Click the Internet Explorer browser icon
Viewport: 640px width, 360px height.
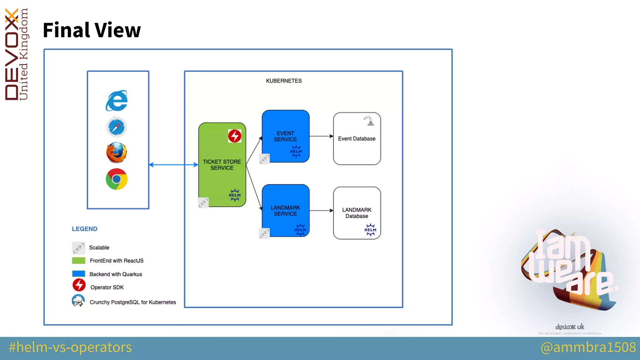[117, 101]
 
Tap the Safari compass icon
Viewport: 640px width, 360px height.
[117, 127]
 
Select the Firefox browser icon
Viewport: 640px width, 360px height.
[117, 152]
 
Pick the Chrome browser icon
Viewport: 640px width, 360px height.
[117, 179]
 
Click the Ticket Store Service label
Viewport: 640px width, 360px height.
[222, 165]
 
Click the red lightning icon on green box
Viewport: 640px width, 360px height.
[235, 136]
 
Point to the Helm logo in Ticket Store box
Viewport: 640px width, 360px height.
[235, 195]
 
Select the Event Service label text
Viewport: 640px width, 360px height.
[285, 136]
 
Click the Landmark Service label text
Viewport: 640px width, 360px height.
[285, 211]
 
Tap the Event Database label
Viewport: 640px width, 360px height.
[357, 138]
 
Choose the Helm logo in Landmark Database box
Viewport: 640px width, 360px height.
[370, 230]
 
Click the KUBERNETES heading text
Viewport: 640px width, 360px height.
[284, 81]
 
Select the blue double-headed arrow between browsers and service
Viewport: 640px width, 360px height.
[173, 165]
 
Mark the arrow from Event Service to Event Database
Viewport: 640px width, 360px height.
[321, 136]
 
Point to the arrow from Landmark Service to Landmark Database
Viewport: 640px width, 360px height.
[321, 211]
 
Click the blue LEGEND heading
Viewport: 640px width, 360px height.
[85, 229]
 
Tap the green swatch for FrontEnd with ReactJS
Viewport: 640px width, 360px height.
[78, 261]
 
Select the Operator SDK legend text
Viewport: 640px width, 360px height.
[107, 287]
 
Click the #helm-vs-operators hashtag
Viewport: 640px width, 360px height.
[70, 347]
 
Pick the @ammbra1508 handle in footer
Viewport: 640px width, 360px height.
[588, 347]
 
